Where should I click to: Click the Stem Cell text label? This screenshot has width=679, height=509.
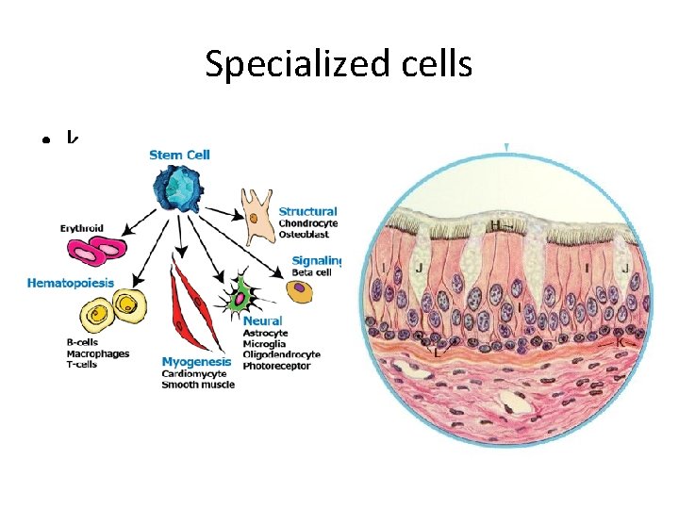[x=179, y=156]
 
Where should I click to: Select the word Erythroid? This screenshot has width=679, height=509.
[x=82, y=227]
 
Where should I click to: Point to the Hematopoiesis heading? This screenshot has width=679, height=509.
[x=71, y=283]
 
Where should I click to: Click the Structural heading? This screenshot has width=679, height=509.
[x=308, y=212]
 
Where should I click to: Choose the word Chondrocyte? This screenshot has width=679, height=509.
[x=308, y=223]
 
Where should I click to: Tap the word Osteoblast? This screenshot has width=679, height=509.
[x=304, y=234]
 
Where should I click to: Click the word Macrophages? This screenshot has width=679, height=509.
[x=98, y=353]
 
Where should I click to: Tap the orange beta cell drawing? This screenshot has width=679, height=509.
[x=300, y=292]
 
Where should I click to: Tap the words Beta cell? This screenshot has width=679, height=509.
[x=307, y=271]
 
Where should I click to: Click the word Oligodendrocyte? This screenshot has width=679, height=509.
[x=282, y=354]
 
